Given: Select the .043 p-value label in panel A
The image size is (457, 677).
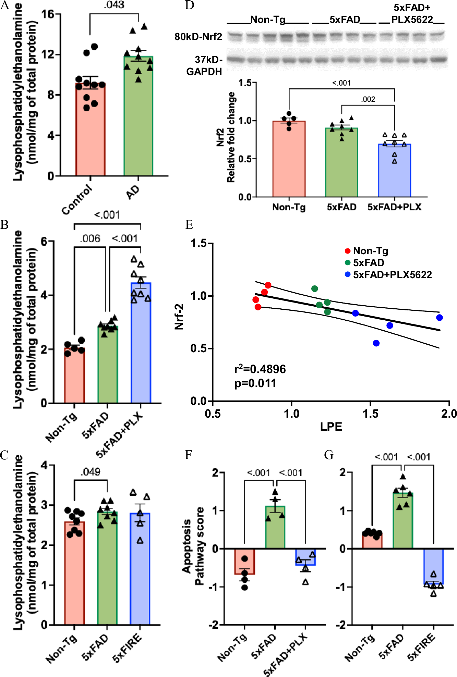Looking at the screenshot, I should (x=114, y=5).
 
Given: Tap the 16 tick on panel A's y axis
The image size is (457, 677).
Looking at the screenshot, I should (x=48, y=14).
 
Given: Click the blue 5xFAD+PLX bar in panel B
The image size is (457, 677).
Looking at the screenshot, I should (x=141, y=343).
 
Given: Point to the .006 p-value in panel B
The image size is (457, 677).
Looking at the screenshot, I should (x=90, y=238).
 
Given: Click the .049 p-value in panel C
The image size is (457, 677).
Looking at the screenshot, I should (x=90, y=472).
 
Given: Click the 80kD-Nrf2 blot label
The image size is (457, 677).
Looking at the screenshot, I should (x=199, y=37).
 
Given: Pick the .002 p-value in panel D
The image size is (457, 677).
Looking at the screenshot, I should (x=368, y=99).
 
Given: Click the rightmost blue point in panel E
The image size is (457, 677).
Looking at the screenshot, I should (x=439, y=318).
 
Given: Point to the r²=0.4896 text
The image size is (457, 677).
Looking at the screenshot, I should (x=260, y=369).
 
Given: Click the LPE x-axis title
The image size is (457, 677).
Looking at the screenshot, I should (x=331, y=427).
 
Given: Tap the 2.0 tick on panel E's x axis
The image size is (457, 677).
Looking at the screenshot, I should (x=449, y=414).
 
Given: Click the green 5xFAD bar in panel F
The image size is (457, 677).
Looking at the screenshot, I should (x=275, y=528).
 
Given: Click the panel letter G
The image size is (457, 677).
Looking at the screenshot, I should (x=328, y=455).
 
